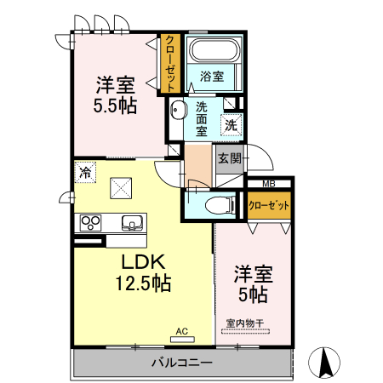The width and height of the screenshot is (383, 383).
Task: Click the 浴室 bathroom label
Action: coord(212,77)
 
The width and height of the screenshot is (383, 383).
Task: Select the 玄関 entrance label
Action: coord(229,158)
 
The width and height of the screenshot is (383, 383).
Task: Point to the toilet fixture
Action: coord(219,205)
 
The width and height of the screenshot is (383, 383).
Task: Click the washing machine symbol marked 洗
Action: coord(231,124)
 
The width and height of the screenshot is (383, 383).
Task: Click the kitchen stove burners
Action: coord(90,223)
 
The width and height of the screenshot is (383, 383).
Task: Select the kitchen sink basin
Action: coord(132,223)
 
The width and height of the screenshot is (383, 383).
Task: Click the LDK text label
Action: coord(134,261)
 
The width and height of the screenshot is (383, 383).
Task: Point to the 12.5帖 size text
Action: coord(143,283)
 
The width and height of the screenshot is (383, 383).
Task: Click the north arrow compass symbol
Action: coord(325,363)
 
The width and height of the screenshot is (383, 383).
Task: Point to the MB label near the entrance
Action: coord(268,184)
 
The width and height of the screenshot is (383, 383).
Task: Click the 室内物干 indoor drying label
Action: coord(244,323)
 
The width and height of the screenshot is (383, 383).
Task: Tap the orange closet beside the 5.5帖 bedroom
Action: coord(170,62)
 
